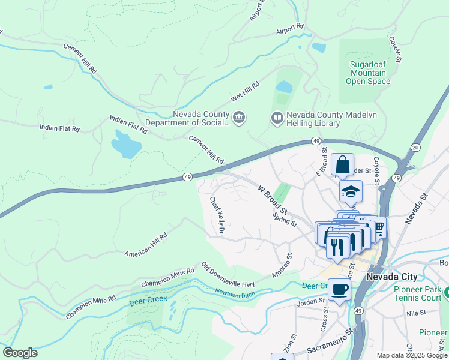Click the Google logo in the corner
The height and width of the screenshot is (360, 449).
(x=20, y=353)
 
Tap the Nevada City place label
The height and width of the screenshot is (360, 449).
(x=391, y=277)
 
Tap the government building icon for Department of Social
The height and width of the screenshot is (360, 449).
(x=239, y=117)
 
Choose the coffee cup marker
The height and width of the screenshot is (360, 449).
(x=339, y=289)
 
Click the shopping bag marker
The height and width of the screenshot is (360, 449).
(x=342, y=164)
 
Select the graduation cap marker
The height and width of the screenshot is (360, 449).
(x=351, y=191)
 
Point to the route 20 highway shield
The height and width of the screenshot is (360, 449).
(x=415, y=148)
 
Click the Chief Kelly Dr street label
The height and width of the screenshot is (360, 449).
(x=217, y=214)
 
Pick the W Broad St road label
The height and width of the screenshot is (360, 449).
(x=273, y=200)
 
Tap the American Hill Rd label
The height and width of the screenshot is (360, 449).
(x=146, y=246)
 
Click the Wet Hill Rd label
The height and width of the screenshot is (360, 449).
(x=245, y=92)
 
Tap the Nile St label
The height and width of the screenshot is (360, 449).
(x=415, y=313)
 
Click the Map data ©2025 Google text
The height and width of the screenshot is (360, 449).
(x=412, y=355)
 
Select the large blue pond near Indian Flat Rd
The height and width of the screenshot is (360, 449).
(x=127, y=143)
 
